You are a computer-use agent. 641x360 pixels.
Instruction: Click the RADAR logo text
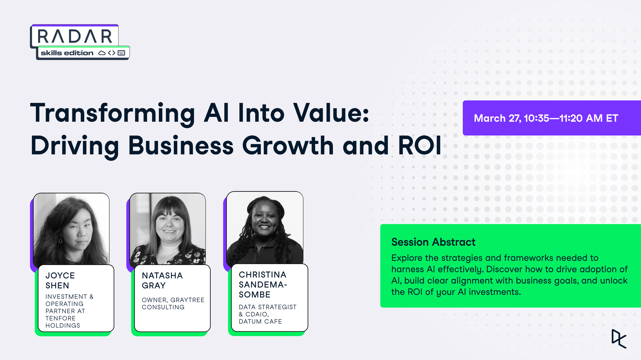[x=75, y=36]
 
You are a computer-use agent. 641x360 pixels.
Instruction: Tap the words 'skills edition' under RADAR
[x=67, y=53]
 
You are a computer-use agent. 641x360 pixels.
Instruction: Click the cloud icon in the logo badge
[x=102, y=53]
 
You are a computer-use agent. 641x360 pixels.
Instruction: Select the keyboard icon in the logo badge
[x=122, y=53]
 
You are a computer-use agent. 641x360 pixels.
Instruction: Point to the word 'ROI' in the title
[x=420, y=145]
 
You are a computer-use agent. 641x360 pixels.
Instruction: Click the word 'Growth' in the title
[x=288, y=145]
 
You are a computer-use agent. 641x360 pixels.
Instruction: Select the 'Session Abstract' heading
[x=433, y=242]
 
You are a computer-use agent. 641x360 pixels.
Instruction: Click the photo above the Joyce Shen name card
[x=71, y=229]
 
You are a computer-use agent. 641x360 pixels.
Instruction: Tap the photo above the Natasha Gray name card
[x=168, y=229]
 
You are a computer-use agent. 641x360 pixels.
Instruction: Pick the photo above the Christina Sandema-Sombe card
[x=265, y=228]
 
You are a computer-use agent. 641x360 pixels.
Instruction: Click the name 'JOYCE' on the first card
[x=60, y=276]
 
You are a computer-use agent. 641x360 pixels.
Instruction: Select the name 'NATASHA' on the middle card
[x=162, y=276]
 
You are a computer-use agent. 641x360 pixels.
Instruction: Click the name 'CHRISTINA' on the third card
[x=262, y=275]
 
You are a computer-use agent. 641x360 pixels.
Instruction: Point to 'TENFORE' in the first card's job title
[x=60, y=318]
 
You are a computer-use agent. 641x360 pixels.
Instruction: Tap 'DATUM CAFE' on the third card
[x=260, y=321]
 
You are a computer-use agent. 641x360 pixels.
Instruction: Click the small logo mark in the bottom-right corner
[x=619, y=339]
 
